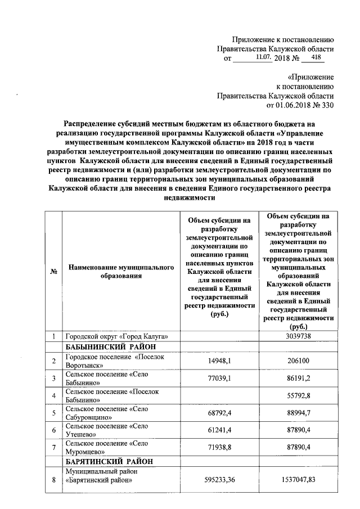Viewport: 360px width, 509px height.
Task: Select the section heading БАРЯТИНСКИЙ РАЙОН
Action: (107, 461)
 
